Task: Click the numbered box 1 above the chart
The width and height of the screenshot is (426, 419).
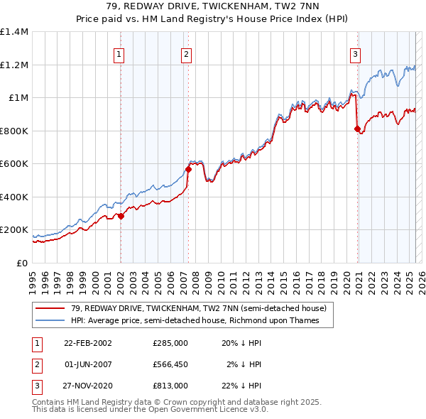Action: (119, 53)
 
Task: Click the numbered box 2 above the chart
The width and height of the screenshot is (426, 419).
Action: (186, 53)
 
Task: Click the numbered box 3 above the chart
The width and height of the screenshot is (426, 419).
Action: (355, 53)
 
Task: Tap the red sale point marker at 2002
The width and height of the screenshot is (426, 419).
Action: (121, 216)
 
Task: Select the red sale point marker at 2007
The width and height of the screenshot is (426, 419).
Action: (188, 169)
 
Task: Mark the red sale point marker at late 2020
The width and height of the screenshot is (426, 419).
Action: (357, 129)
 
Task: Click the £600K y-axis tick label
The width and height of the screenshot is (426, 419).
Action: (14, 164)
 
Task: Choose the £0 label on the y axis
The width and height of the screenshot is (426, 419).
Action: (22, 263)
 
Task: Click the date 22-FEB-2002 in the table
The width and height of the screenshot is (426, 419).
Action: (88, 342)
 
